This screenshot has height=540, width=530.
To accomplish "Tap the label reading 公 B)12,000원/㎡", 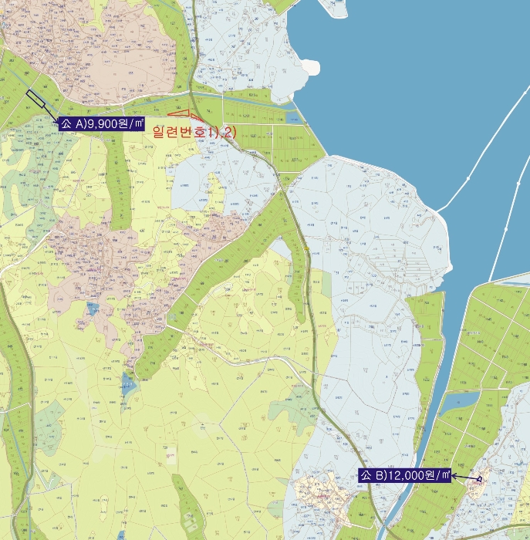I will click(405, 476).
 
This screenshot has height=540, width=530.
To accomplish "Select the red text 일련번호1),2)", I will click(194, 132).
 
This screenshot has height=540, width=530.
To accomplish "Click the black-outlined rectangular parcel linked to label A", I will click(35, 100).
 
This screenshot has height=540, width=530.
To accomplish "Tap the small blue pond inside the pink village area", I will click(93, 309).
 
